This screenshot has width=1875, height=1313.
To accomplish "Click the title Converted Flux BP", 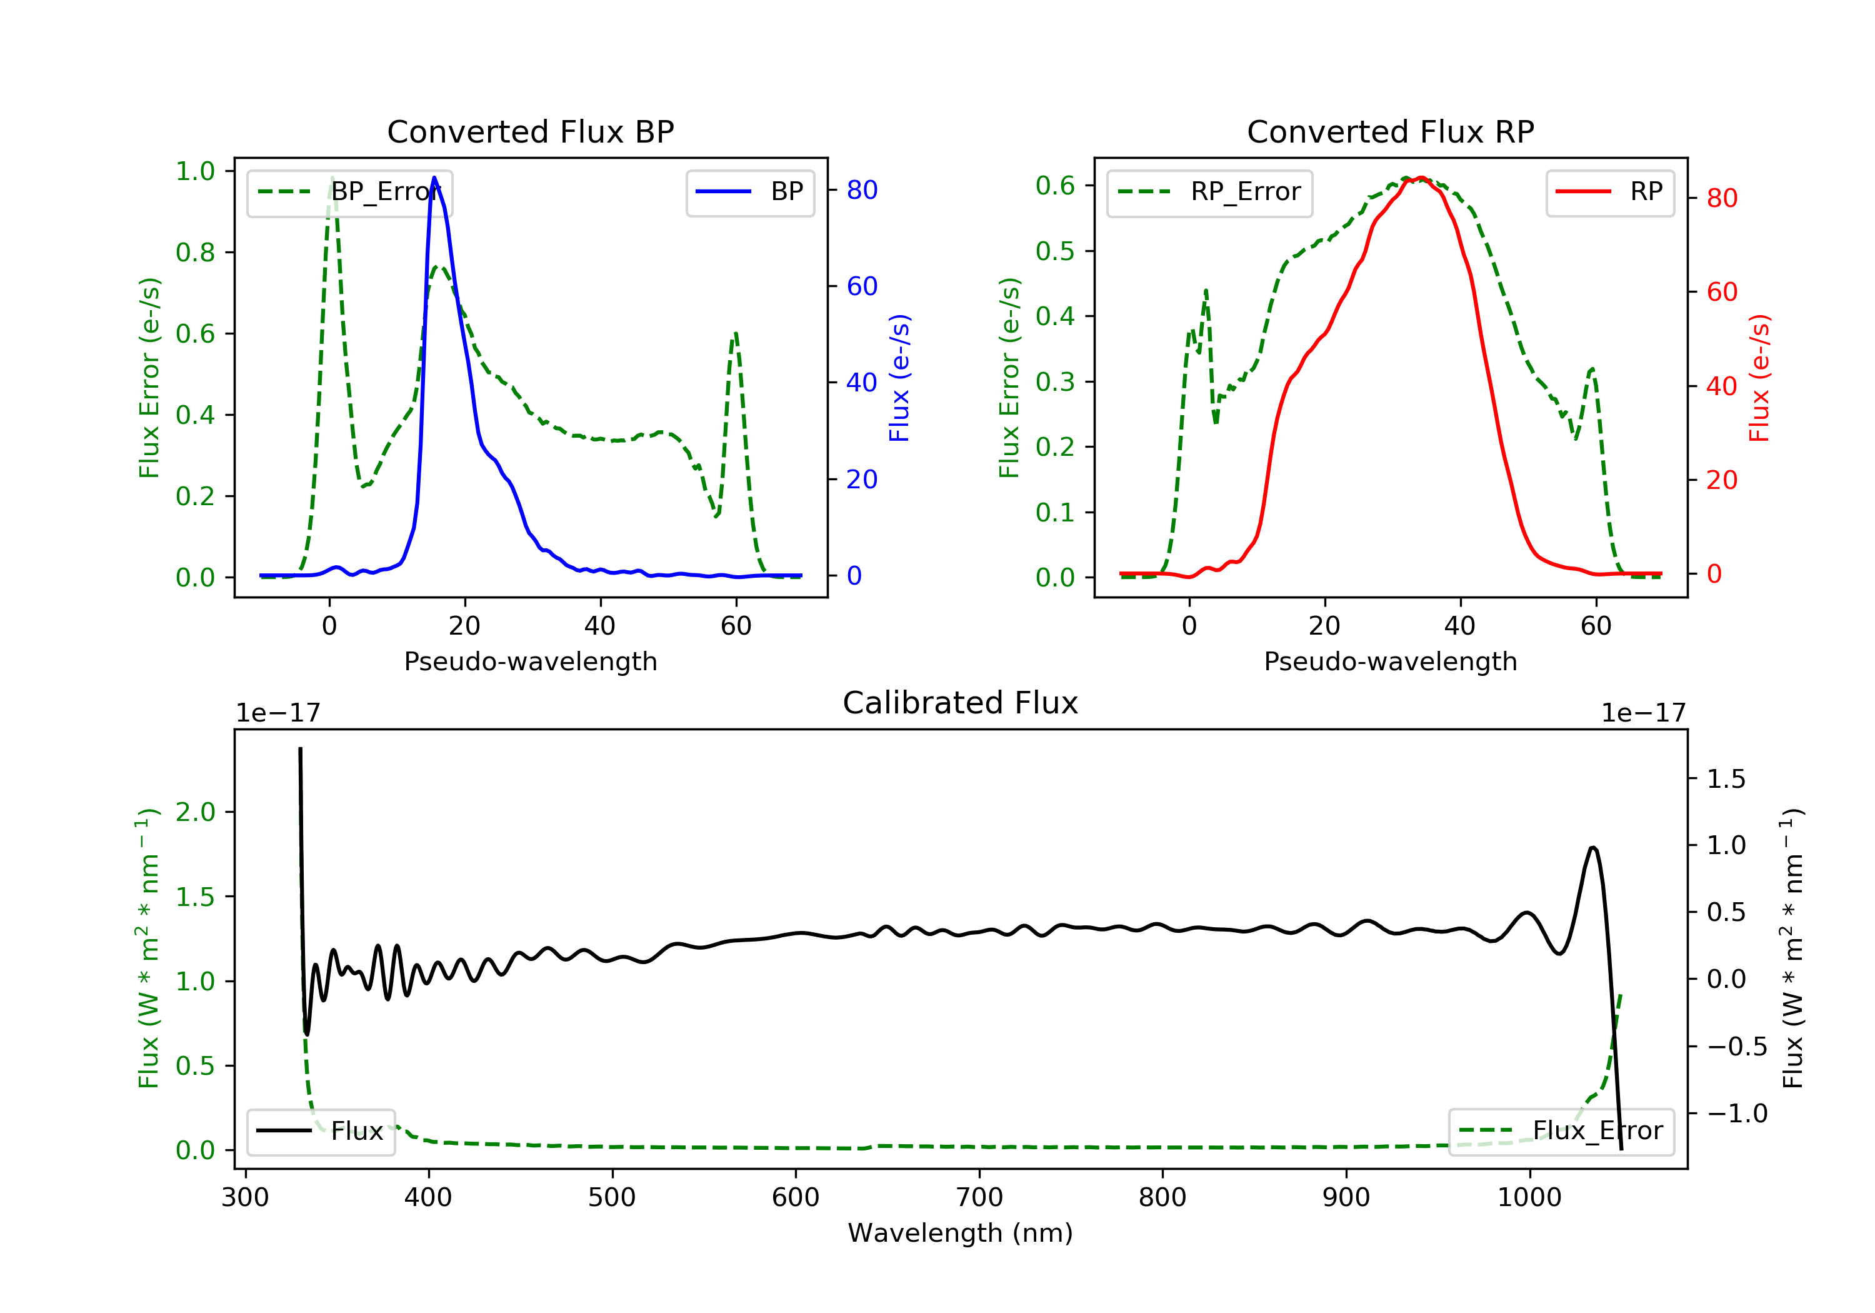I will click(530, 131).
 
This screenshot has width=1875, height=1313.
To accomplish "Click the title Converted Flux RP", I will click(1390, 131).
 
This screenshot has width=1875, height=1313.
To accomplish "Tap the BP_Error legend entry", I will click(349, 192).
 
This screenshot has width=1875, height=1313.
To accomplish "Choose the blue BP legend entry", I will click(749, 192).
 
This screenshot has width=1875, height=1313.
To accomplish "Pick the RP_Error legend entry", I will click(1209, 192).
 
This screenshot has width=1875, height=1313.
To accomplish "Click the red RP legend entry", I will click(1609, 192).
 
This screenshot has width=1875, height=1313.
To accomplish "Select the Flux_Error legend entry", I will click(1561, 1131).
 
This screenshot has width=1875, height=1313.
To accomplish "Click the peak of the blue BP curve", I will click(434, 178).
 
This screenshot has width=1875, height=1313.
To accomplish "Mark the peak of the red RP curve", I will click(1421, 178).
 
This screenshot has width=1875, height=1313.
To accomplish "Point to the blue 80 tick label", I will click(861, 190).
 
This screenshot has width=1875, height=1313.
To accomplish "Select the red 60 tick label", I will click(1721, 292).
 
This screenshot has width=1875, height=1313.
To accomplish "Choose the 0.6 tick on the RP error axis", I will click(1055, 186).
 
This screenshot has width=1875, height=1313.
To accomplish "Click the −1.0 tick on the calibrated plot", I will click(1736, 1113).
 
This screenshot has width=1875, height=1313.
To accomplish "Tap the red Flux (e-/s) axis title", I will click(1759, 378).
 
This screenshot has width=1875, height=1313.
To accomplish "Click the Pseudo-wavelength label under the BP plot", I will click(530, 661).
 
